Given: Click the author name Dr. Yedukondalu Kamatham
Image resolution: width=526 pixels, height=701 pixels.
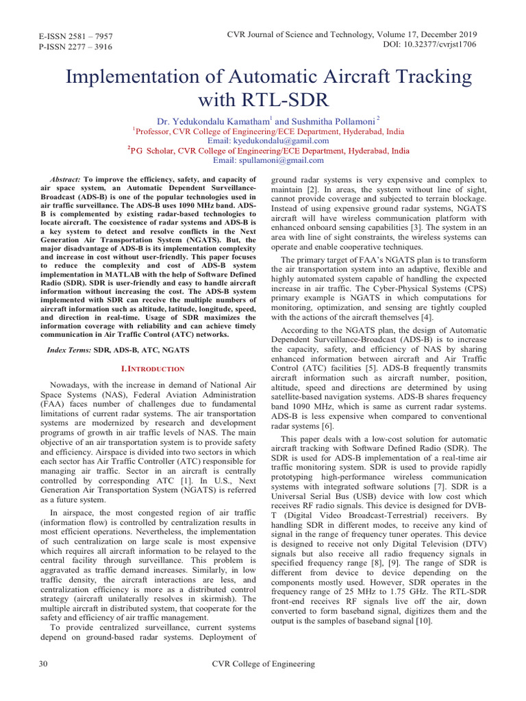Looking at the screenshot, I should [x=208, y=120].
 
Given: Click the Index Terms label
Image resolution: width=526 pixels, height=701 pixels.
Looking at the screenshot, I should [x=68, y=350].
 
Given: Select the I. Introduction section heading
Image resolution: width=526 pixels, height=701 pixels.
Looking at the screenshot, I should [x=152, y=369].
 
